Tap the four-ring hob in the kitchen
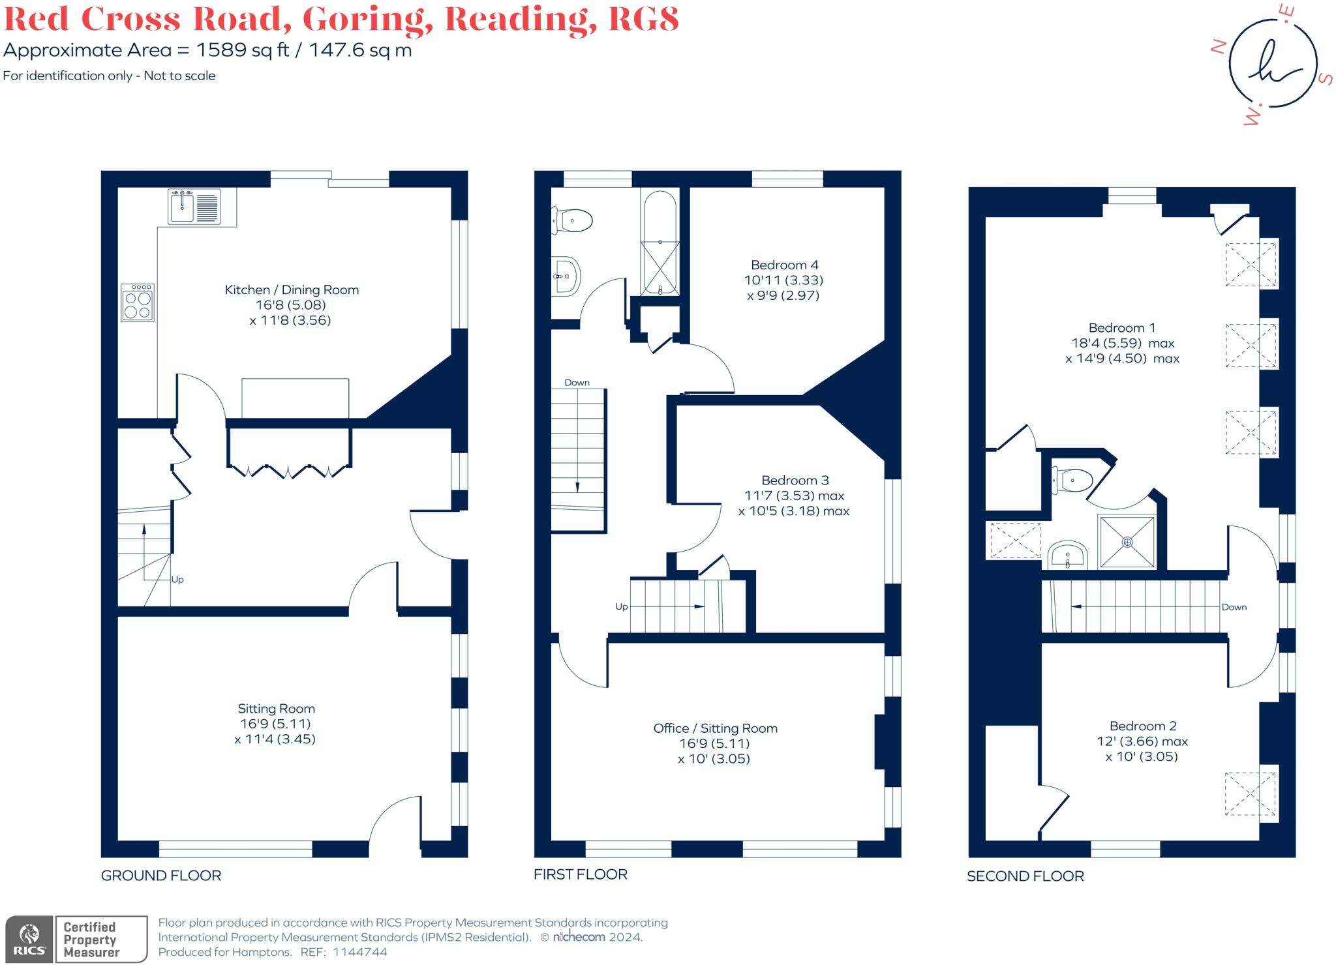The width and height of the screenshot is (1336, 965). pyautogui.click(x=138, y=303)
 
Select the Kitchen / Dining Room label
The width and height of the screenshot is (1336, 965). pyautogui.click(x=292, y=290)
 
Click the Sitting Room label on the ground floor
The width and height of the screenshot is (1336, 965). pyautogui.click(x=276, y=709)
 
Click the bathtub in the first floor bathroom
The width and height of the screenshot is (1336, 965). pyautogui.click(x=660, y=243)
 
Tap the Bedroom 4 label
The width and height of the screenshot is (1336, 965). pyautogui.click(x=784, y=265)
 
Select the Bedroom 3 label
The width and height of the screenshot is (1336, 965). pyautogui.click(x=795, y=481)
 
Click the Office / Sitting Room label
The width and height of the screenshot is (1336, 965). pyautogui.click(x=715, y=728)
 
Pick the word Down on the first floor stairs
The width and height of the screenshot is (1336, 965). pyautogui.click(x=577, y=383)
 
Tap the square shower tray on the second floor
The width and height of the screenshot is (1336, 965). pyautogui.click(x=1127, y=542)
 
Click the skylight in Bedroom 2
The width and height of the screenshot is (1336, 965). pyautogui.click(x=1250, y=793)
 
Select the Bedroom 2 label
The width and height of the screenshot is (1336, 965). pyautogui.click(x=1142, y=726)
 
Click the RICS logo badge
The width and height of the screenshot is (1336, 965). pyautogui.click(x=29, y=939)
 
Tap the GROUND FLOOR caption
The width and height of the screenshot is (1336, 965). pyautogui.click(x=160, y=876)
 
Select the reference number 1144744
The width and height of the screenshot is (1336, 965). pyautogui.click(x=359, y=952)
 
